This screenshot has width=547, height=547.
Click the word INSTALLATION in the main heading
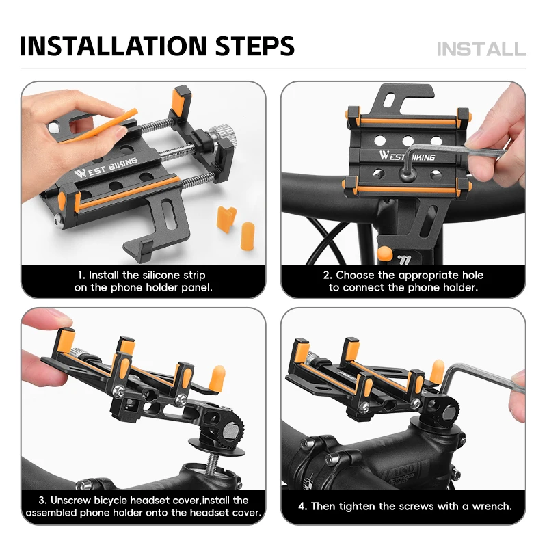pos(114,46)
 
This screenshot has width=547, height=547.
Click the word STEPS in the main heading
pos(255,46)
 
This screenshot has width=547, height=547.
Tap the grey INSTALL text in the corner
pos(481,49)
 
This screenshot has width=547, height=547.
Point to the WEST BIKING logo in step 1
pos(105,167)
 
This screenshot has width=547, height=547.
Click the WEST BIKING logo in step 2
pos(407,156)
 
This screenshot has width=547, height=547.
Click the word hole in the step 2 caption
pos(472,276)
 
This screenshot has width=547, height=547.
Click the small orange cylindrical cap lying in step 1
pos(248,235)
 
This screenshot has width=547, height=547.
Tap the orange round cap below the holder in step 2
pos(384,253)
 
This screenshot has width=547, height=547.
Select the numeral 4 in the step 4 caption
pos(302,506)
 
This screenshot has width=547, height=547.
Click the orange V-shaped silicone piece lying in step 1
pos(226,219)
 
